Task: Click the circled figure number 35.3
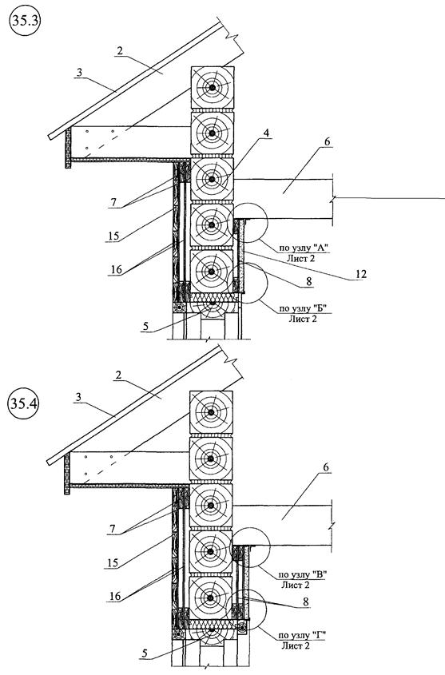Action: click(x=24, y=22)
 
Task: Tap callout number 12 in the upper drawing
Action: click(x=361, y=274)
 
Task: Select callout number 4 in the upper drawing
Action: click(x=267, y=133)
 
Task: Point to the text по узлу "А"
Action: click(x=304, y=248)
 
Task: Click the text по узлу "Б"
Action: click(x=304, y=308)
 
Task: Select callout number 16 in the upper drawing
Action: click(x=116, y=270)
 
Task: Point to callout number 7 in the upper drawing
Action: click(x=113, y=202)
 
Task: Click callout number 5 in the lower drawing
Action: click(x=145, y=653)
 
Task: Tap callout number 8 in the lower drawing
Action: click(x=305, y=602)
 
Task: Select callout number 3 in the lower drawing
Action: click(x=79, y=397)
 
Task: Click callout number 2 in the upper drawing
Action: click(x=120, y=51)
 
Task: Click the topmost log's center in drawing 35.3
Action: click(x=213, y=88)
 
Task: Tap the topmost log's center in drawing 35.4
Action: click(x=211, y=412)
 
